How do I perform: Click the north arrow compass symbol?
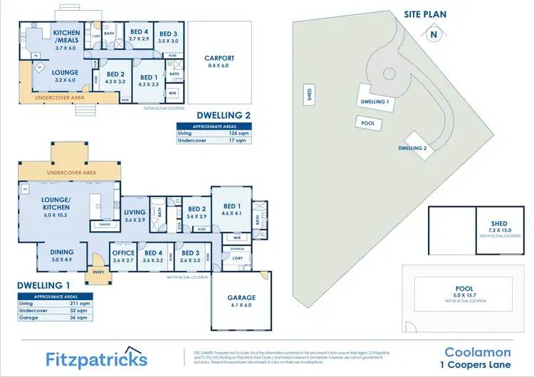coord(433,33)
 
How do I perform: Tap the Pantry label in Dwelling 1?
coord(105,224)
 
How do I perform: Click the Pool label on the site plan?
coord(368,122)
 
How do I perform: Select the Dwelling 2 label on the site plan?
coord(412,148)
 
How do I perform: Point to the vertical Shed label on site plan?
coord(309,95)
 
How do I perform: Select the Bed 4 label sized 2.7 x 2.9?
coord(140,36)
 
